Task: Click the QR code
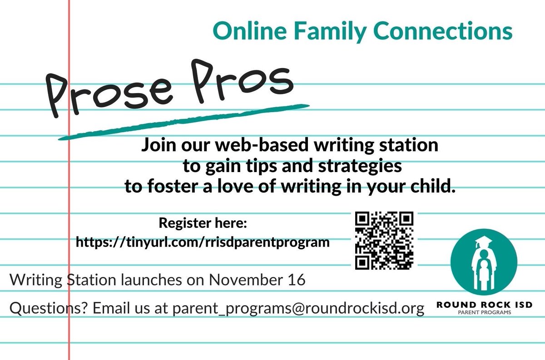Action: click(x=384, y=240)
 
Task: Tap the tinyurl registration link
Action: click(x=202, y=242)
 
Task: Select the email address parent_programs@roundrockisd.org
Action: click(x=298, y=309)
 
